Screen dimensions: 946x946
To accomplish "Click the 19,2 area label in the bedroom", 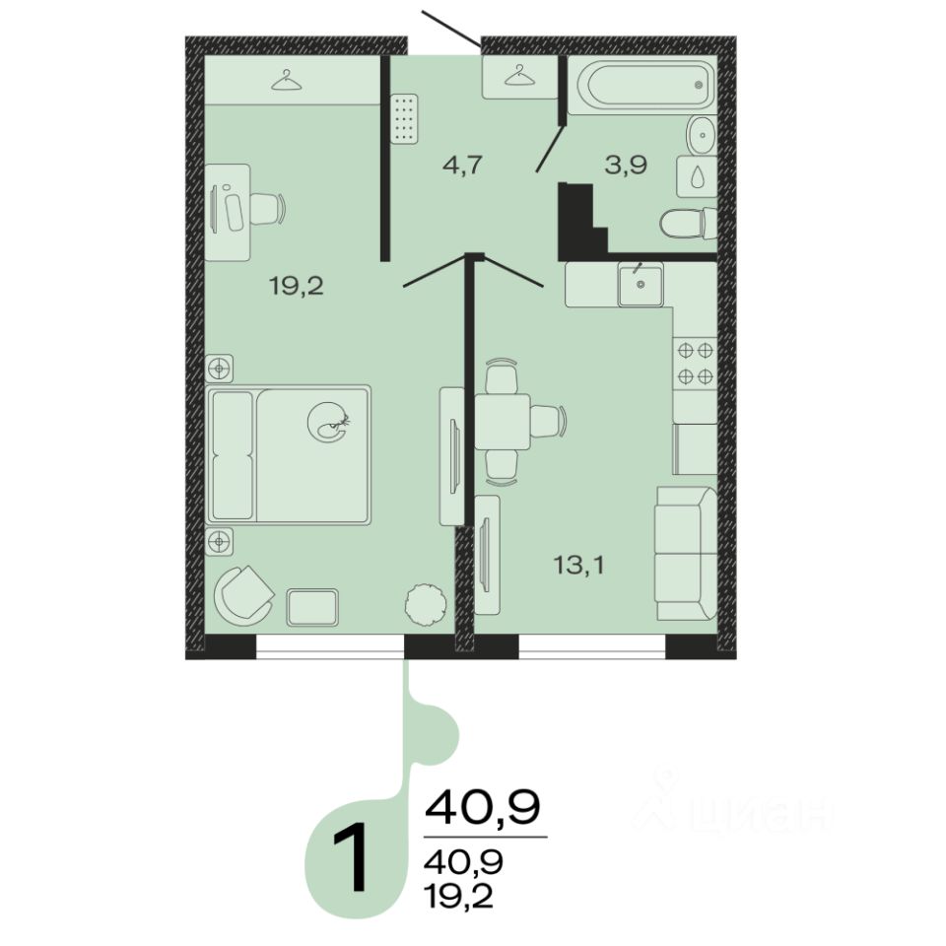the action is pos(297,286).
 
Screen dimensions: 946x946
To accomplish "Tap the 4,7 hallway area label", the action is pos(463,165).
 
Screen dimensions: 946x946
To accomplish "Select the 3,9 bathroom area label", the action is pos(627,165).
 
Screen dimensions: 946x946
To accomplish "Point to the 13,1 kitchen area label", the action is pos(578,566).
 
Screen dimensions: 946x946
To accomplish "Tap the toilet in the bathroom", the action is pos(689,224).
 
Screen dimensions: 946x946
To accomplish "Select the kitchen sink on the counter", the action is pos(641,284).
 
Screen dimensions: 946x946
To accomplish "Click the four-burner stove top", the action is pos(695,364).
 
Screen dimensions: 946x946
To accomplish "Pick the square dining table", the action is pos(502,421).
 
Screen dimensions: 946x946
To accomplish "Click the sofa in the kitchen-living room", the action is pos(686,553).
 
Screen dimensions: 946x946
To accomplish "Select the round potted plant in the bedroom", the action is pos(427,604).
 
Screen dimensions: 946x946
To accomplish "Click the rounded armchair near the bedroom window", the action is pos(242,594).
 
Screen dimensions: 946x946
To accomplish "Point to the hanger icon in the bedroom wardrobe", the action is pos(286,80).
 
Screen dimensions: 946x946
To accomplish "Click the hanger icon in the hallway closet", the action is pos(519,76).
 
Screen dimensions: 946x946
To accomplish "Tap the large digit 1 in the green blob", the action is pos(351,857).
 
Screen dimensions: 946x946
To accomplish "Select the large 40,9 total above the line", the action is pos(482,807).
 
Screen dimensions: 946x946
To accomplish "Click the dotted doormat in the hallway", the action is pos(404,119).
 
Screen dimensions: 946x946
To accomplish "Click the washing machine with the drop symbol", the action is pos(697,176).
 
